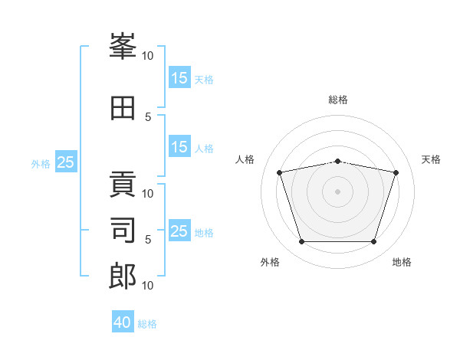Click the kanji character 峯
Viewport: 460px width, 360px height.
[x=123, y=47]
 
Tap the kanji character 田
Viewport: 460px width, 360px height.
[x=123, y=108]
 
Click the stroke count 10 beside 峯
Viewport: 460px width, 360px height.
[x=148, y=55]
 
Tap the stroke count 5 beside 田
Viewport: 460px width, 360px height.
[x=148, y=116]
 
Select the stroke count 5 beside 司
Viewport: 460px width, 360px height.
[x=148, y=239]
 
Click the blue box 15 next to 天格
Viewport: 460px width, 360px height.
[x=179, y=78]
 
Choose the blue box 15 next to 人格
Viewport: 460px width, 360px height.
[x=179, y=147]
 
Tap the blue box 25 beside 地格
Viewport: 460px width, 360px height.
[x=179, y=231]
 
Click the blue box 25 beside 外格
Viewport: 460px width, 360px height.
[x=66, y=162]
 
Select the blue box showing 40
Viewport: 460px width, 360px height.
[x=123, y=322]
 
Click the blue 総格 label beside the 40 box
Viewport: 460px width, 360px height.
[x=148, y=324]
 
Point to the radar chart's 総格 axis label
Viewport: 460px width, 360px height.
[x=338, y=100]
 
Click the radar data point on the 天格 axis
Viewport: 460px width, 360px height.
[x=396, y=172]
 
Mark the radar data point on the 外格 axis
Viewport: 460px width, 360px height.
[x=301, y=242]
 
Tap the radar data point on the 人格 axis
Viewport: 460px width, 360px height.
[x=279, y=172]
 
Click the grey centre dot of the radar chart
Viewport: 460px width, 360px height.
[x=338, y=191]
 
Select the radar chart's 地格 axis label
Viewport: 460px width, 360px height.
[x=402, y=262]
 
